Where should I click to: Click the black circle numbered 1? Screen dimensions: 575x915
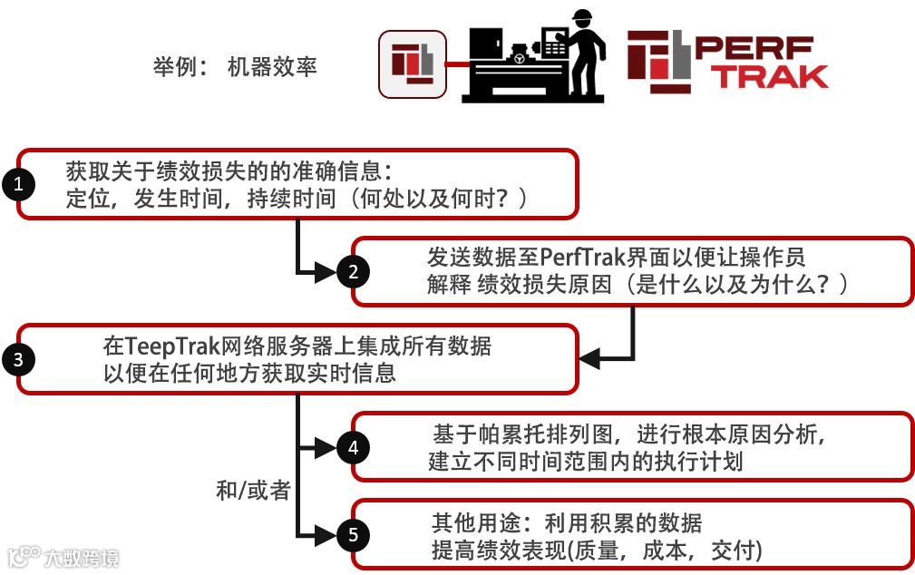(x=18, y=185)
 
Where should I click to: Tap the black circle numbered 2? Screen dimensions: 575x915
(x=352, y=271)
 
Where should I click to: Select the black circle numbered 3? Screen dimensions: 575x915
(x=18, y=359)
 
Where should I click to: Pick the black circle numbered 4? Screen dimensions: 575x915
(x=352, y=447)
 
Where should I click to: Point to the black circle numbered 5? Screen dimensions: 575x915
(x=352, y=534)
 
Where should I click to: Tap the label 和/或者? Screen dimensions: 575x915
(x=253, y=491)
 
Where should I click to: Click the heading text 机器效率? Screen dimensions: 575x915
(x=272, y=68)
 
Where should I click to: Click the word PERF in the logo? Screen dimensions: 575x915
(x=753, y=49)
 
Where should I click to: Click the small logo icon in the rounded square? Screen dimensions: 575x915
(x=412, y=63)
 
